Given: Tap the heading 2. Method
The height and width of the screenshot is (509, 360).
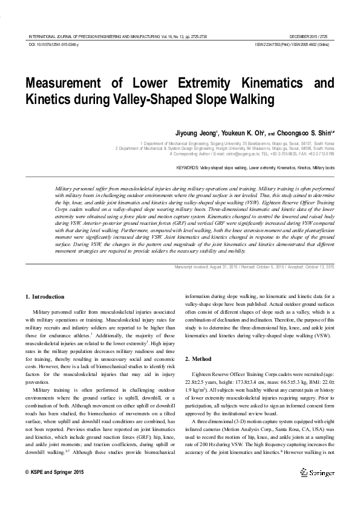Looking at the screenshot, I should click(200, 359).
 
